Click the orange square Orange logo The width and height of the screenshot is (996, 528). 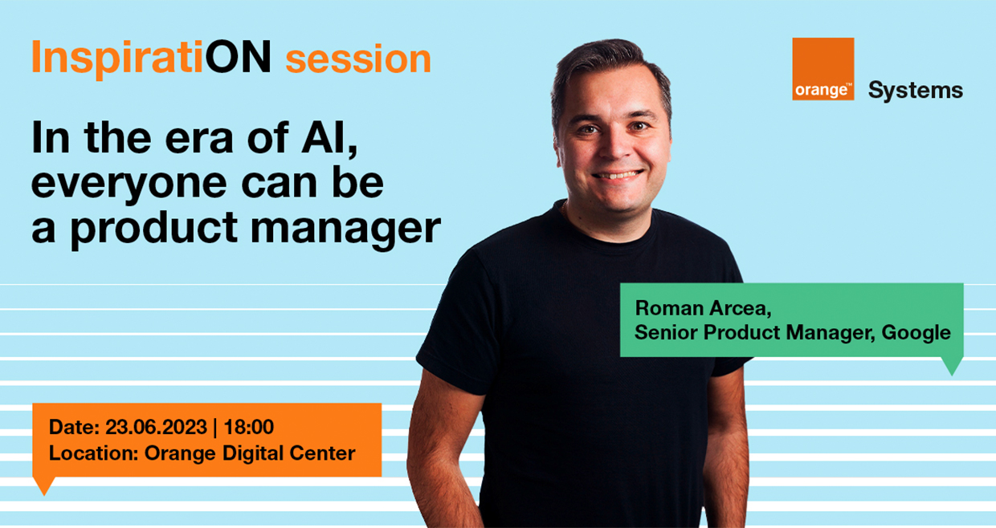point(823,69)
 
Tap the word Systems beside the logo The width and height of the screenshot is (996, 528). point(916,91)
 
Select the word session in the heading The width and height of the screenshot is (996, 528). point(358,59)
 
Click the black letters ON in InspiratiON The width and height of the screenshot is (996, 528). point(238,56)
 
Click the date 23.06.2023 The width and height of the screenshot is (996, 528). point(156,427)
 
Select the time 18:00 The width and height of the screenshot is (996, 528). point(248,427)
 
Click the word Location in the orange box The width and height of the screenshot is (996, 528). point(93,453)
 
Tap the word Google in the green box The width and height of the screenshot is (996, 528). point(916,334)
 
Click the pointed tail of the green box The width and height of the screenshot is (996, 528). point(952,375)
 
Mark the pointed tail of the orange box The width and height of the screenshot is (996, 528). point(44,493)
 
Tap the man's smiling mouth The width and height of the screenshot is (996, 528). point(617,175)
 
